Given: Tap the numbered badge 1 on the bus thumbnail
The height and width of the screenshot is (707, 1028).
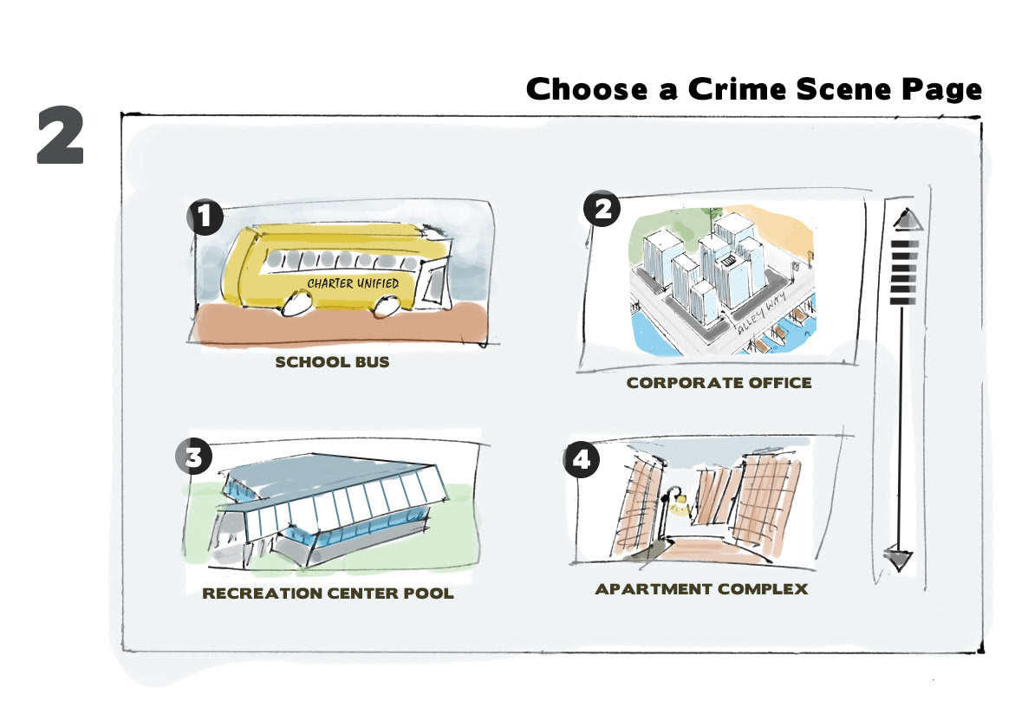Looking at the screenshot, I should pyautogui.click(x=205, y=217).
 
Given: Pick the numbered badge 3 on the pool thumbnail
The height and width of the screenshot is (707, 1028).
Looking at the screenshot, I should pyautogui.click(x=193, y=456).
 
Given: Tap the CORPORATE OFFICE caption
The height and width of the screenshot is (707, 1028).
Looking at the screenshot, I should pyautogui.click(x=719, y=382).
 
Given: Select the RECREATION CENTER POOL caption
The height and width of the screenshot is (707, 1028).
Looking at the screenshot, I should pyautogui.click(x=328, y=594).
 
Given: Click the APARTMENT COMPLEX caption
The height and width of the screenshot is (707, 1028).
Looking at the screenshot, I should pyautogui.click(x=701, y=589).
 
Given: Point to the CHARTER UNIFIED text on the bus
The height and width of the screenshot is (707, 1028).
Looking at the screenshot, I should pyautogui.click(x=353, y=282).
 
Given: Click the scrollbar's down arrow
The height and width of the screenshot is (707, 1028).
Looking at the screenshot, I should pyautogui.click(x=898, y=558).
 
